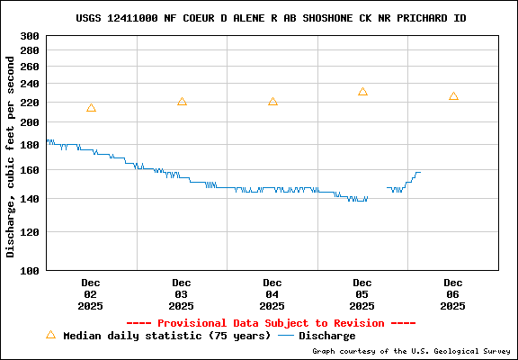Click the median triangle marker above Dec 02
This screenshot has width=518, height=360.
click(x=91, y=108)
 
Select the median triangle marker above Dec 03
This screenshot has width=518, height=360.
click(x=182, y=102)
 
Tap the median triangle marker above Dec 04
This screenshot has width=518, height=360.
click(x=272, y=102)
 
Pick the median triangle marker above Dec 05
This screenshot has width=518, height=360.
click(x=362, y=92)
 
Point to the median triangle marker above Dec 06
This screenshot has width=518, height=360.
click(x=453, y=96)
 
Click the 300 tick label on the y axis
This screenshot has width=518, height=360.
click(x=30, y=36)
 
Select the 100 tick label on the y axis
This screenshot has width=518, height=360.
click(x=30, y=270)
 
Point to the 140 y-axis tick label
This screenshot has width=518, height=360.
click(x=30, y=199)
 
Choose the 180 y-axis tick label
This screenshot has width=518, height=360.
click(x=30, y=144)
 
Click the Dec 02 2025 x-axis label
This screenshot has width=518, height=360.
click(x=91, y=294)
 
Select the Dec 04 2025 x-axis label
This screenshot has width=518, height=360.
click(x=272, y=294)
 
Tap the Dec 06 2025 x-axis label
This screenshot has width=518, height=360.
click(x=453, y=294)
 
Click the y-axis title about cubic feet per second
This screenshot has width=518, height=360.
click(x=11, y=153)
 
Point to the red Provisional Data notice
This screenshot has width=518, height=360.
click(x=271, y=322)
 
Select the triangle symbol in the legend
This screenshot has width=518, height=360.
click(x=50, y=335)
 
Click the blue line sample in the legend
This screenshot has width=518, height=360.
click(x=286, y=336)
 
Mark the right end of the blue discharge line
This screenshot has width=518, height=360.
click(x=420, y=172)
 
